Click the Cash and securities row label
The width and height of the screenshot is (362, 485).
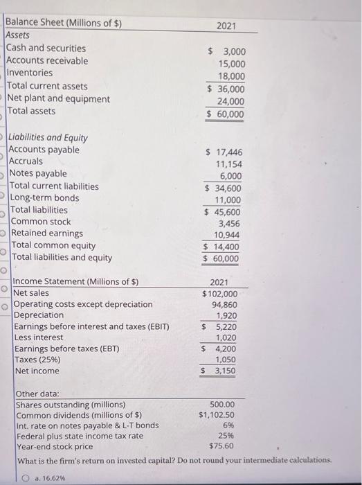(x=46, y=48)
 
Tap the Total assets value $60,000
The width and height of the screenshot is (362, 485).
(x=226, y=114)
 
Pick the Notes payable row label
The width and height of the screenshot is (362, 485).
(x=38, y=173)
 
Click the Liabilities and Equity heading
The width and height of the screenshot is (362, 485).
(x=48, y=137)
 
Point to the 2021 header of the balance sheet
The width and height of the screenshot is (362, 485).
(x=226, y=26)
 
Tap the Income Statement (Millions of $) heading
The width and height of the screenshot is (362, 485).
(x=76, y=281)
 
